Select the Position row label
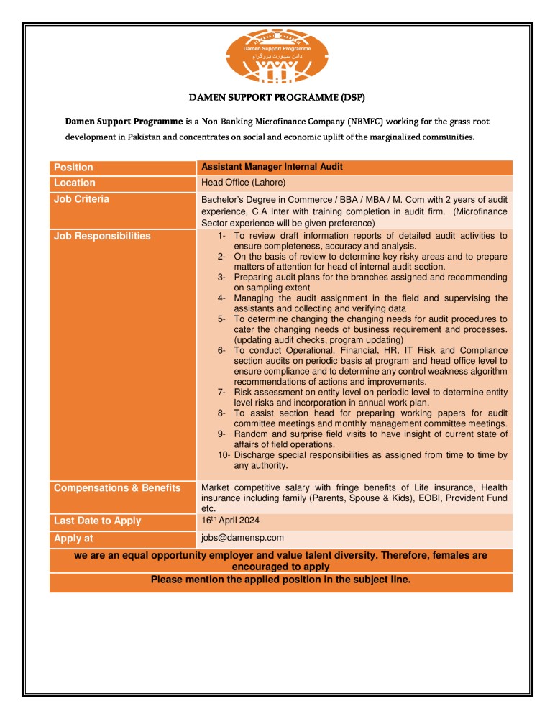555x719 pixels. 73,167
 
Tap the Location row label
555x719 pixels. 75,183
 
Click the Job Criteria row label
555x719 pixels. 82,199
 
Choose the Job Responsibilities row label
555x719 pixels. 102,236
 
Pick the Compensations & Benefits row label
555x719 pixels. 117,488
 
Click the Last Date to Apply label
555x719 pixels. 98,521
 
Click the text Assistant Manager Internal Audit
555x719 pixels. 272,167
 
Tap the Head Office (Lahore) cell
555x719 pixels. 243,183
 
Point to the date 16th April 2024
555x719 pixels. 230,520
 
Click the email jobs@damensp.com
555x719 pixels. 242,537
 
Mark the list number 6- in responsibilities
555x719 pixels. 222,350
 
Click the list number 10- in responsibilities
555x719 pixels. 224,455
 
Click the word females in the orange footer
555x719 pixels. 442,556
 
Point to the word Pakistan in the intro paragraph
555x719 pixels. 147,137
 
